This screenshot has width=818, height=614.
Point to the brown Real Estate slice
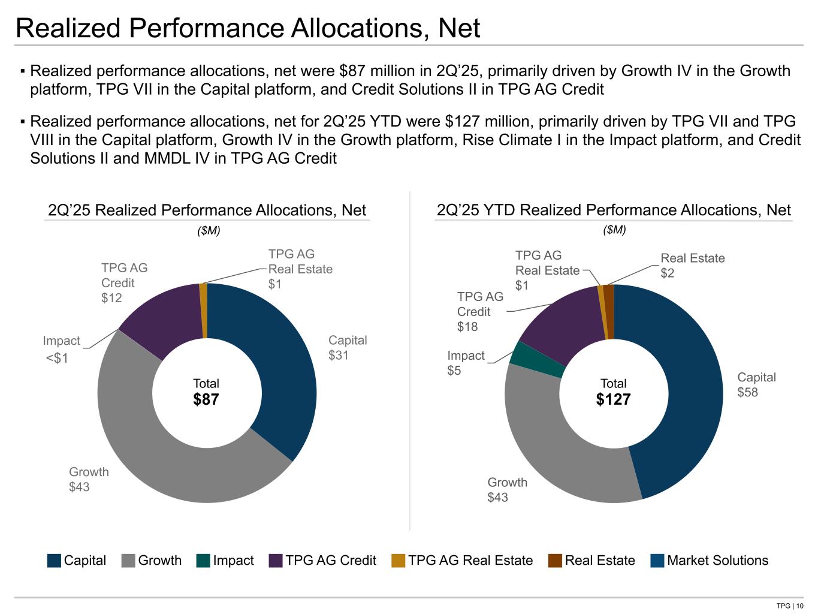(609, 312)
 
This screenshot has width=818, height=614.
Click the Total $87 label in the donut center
(206, 392)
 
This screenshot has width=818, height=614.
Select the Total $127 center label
(613, 392)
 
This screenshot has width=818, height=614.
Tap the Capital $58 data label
(756, 384)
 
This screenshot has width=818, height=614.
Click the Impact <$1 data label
(60, 350)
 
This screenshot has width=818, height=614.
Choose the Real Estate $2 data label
(692, 265)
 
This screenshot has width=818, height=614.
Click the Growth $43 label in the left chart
(89, 479)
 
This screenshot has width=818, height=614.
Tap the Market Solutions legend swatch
(657, 561)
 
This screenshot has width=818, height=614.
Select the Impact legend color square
(203, 561)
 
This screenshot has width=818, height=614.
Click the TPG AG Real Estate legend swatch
(399, 561)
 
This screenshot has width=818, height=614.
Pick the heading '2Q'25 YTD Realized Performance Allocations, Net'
(614, 210)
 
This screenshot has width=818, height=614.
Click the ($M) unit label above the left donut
(209, 231)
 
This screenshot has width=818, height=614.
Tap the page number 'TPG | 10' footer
(789, 605)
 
